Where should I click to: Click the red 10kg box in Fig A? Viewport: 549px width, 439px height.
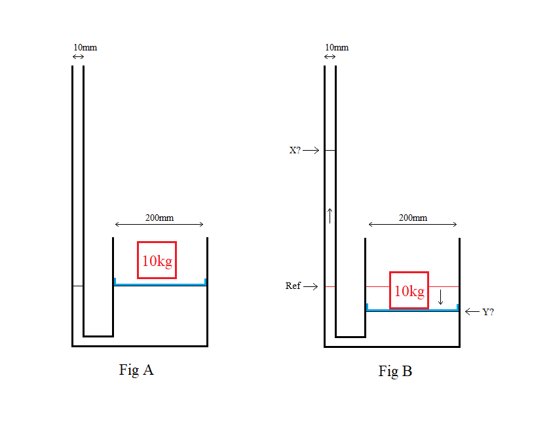157,260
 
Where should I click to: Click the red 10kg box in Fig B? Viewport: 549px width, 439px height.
409,290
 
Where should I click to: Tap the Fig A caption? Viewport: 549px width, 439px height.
136,370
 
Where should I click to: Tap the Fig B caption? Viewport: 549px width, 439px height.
395,372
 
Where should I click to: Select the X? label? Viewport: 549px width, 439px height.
295,150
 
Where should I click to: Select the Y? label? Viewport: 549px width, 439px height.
488,312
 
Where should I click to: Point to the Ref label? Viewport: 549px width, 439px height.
293,286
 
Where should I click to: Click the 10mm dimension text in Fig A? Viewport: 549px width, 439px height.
85,48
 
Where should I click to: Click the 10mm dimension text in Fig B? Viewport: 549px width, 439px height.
337,47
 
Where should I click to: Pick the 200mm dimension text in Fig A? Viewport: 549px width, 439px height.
159,218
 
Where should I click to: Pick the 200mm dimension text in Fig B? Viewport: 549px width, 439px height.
413,218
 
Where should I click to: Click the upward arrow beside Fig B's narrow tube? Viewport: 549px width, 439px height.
330,215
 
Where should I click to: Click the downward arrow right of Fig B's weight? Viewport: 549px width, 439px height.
441,297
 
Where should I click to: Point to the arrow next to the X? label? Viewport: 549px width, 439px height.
311,151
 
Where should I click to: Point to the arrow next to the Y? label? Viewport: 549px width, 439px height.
472,312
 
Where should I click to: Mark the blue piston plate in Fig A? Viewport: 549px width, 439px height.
160,284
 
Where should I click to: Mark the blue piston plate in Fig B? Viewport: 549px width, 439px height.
412,310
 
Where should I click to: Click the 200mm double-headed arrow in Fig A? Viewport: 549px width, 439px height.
159,225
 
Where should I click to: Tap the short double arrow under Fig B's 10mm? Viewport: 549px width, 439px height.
330,57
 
